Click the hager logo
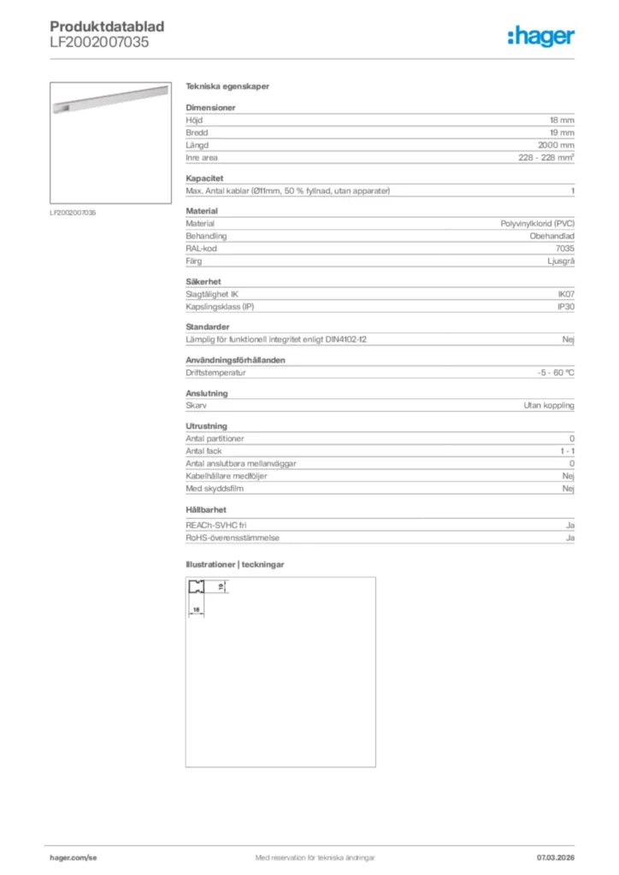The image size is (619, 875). pyautogui.click(x=540, y=36)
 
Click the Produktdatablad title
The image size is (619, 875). pyautogui.click(x=107, y=26)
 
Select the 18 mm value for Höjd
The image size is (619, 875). pyautogui.click(x=562, y=120)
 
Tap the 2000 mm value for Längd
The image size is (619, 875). pyautogui.click(x=557, y=145)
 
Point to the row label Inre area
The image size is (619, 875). pyautogui.click(x=201, y=158)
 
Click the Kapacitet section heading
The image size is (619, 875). pyautogui.click(x=204, y=178)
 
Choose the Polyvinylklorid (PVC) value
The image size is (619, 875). pyautogui.click(x=537, y=223)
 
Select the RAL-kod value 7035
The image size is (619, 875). pyautogui.click(x=564, y=248)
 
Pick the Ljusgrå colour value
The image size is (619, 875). pyautogui.click(x=560, y=261)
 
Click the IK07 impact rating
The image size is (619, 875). pyautogui.click(x=565, y=294)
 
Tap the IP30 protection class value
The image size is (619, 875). pyautogui.click(x=565, y=306)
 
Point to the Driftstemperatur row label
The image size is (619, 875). pyautogui.click(x=215, y=373)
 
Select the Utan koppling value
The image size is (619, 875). pyautogui.click(x=549, y=406)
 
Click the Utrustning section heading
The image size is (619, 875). pyautogui.click(x=206, y=426)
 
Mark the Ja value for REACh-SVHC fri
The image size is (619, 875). pyautogui.click(x=569, y=526)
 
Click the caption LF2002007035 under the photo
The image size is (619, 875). pyautogui.click(x=73, y=211)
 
